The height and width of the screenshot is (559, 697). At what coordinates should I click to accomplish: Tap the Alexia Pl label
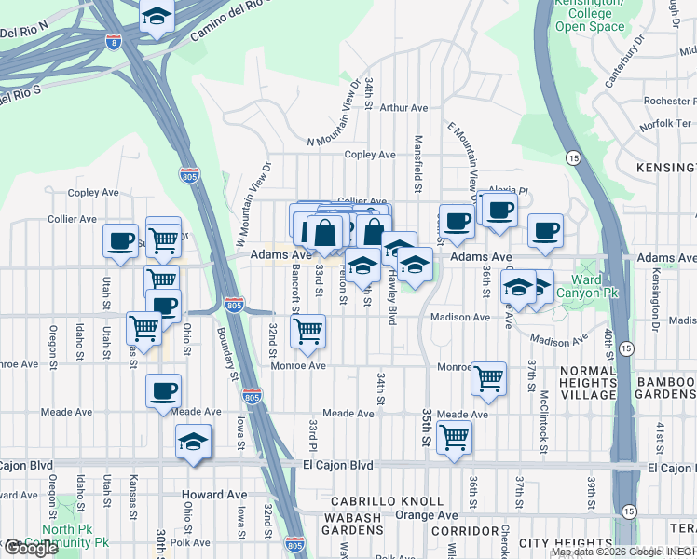pyautogui.click(x=509, y=191)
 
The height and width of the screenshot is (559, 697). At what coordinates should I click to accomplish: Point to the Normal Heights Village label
pyautogui.click(x=572, y=381)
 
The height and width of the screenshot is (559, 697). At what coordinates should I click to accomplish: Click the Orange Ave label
pyautogui.click(x=427, y=515)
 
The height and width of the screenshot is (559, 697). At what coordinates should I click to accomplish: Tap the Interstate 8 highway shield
pyautogui.click(x=113, y=43)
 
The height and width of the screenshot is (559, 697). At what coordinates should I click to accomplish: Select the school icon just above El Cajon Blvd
pyautogui.click(x=194, y=442)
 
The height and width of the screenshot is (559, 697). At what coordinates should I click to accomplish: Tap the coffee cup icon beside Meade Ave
pyautogui.click(x=164, y=390)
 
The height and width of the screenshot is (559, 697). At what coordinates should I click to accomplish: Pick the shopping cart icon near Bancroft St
pyautogui.click(x=307, y=330)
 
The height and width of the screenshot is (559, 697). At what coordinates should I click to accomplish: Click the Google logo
pyautogui.click(x=31, y=548)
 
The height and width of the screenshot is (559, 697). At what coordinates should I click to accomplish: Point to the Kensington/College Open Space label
pyautogui.click(x=590, y=15)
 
